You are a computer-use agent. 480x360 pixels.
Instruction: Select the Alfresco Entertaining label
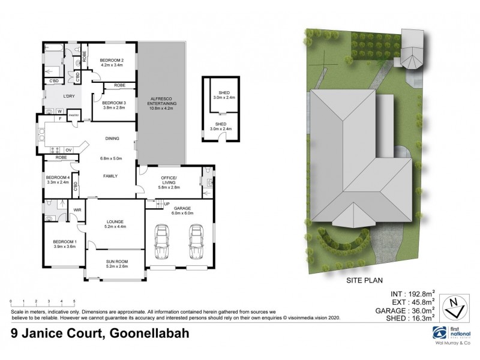161,102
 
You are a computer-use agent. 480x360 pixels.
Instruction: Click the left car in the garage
161,241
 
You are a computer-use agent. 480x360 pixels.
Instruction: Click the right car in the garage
195,241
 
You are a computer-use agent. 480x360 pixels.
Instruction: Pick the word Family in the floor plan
110,175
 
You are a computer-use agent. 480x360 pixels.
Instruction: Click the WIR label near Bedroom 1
77,210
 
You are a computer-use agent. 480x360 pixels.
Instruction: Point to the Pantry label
74,115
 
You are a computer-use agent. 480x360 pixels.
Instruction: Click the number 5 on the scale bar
74,300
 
